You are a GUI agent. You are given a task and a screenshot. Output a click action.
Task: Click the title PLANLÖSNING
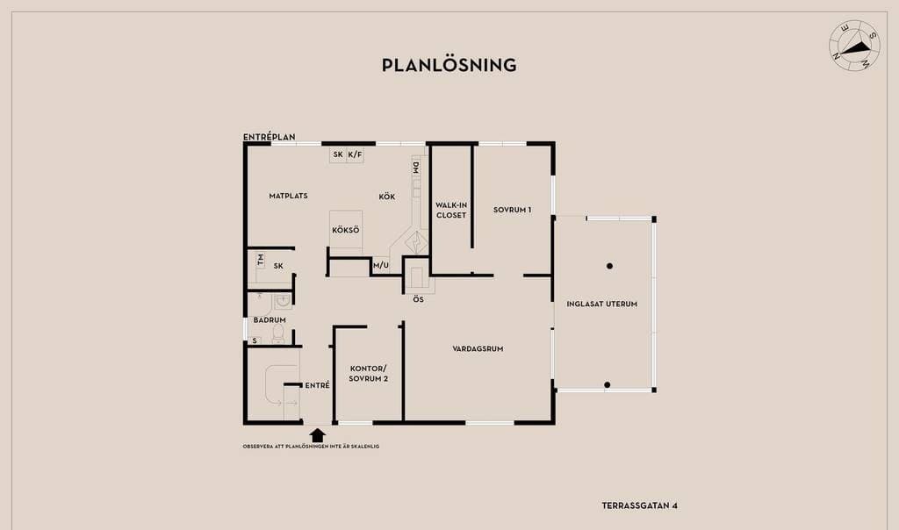coord(449,65)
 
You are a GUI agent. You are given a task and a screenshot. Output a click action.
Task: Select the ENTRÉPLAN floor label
coord(269,137)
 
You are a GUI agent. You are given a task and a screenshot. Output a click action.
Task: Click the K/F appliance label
coord(355,155)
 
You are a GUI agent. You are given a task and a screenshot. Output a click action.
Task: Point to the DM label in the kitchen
coord(416,168)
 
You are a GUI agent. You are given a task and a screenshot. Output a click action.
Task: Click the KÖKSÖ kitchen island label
coord(346,231)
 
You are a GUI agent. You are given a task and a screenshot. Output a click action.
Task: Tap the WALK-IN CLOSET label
coord(451,210)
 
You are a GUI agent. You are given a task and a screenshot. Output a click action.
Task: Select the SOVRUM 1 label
coord(512,210)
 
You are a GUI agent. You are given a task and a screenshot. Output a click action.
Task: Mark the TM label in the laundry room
coord(261,260)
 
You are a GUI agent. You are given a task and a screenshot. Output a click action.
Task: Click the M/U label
coord(380,265)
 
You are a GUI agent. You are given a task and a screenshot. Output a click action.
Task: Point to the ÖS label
coord(419,299)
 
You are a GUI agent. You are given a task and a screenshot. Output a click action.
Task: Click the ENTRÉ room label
coord(317,385)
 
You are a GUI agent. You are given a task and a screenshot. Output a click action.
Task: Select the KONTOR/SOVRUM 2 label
coord(369,373)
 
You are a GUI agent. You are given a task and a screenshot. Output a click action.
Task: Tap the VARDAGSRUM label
coord(478,348)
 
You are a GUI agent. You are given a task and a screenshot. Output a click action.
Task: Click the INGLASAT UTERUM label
coord(601,304)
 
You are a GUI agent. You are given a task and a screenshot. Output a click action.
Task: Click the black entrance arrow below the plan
coord(318,433)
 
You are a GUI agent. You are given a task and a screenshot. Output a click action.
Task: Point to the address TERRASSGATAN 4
coord(639,505)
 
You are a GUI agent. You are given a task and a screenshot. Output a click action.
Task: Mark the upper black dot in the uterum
coord(609,266)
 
